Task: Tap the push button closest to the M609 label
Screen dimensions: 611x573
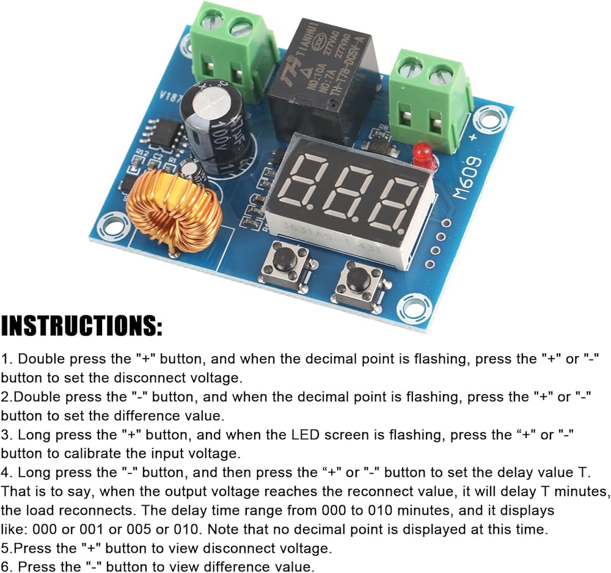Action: pos(358,281)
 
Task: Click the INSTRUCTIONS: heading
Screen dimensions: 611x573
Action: pos(82,326)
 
